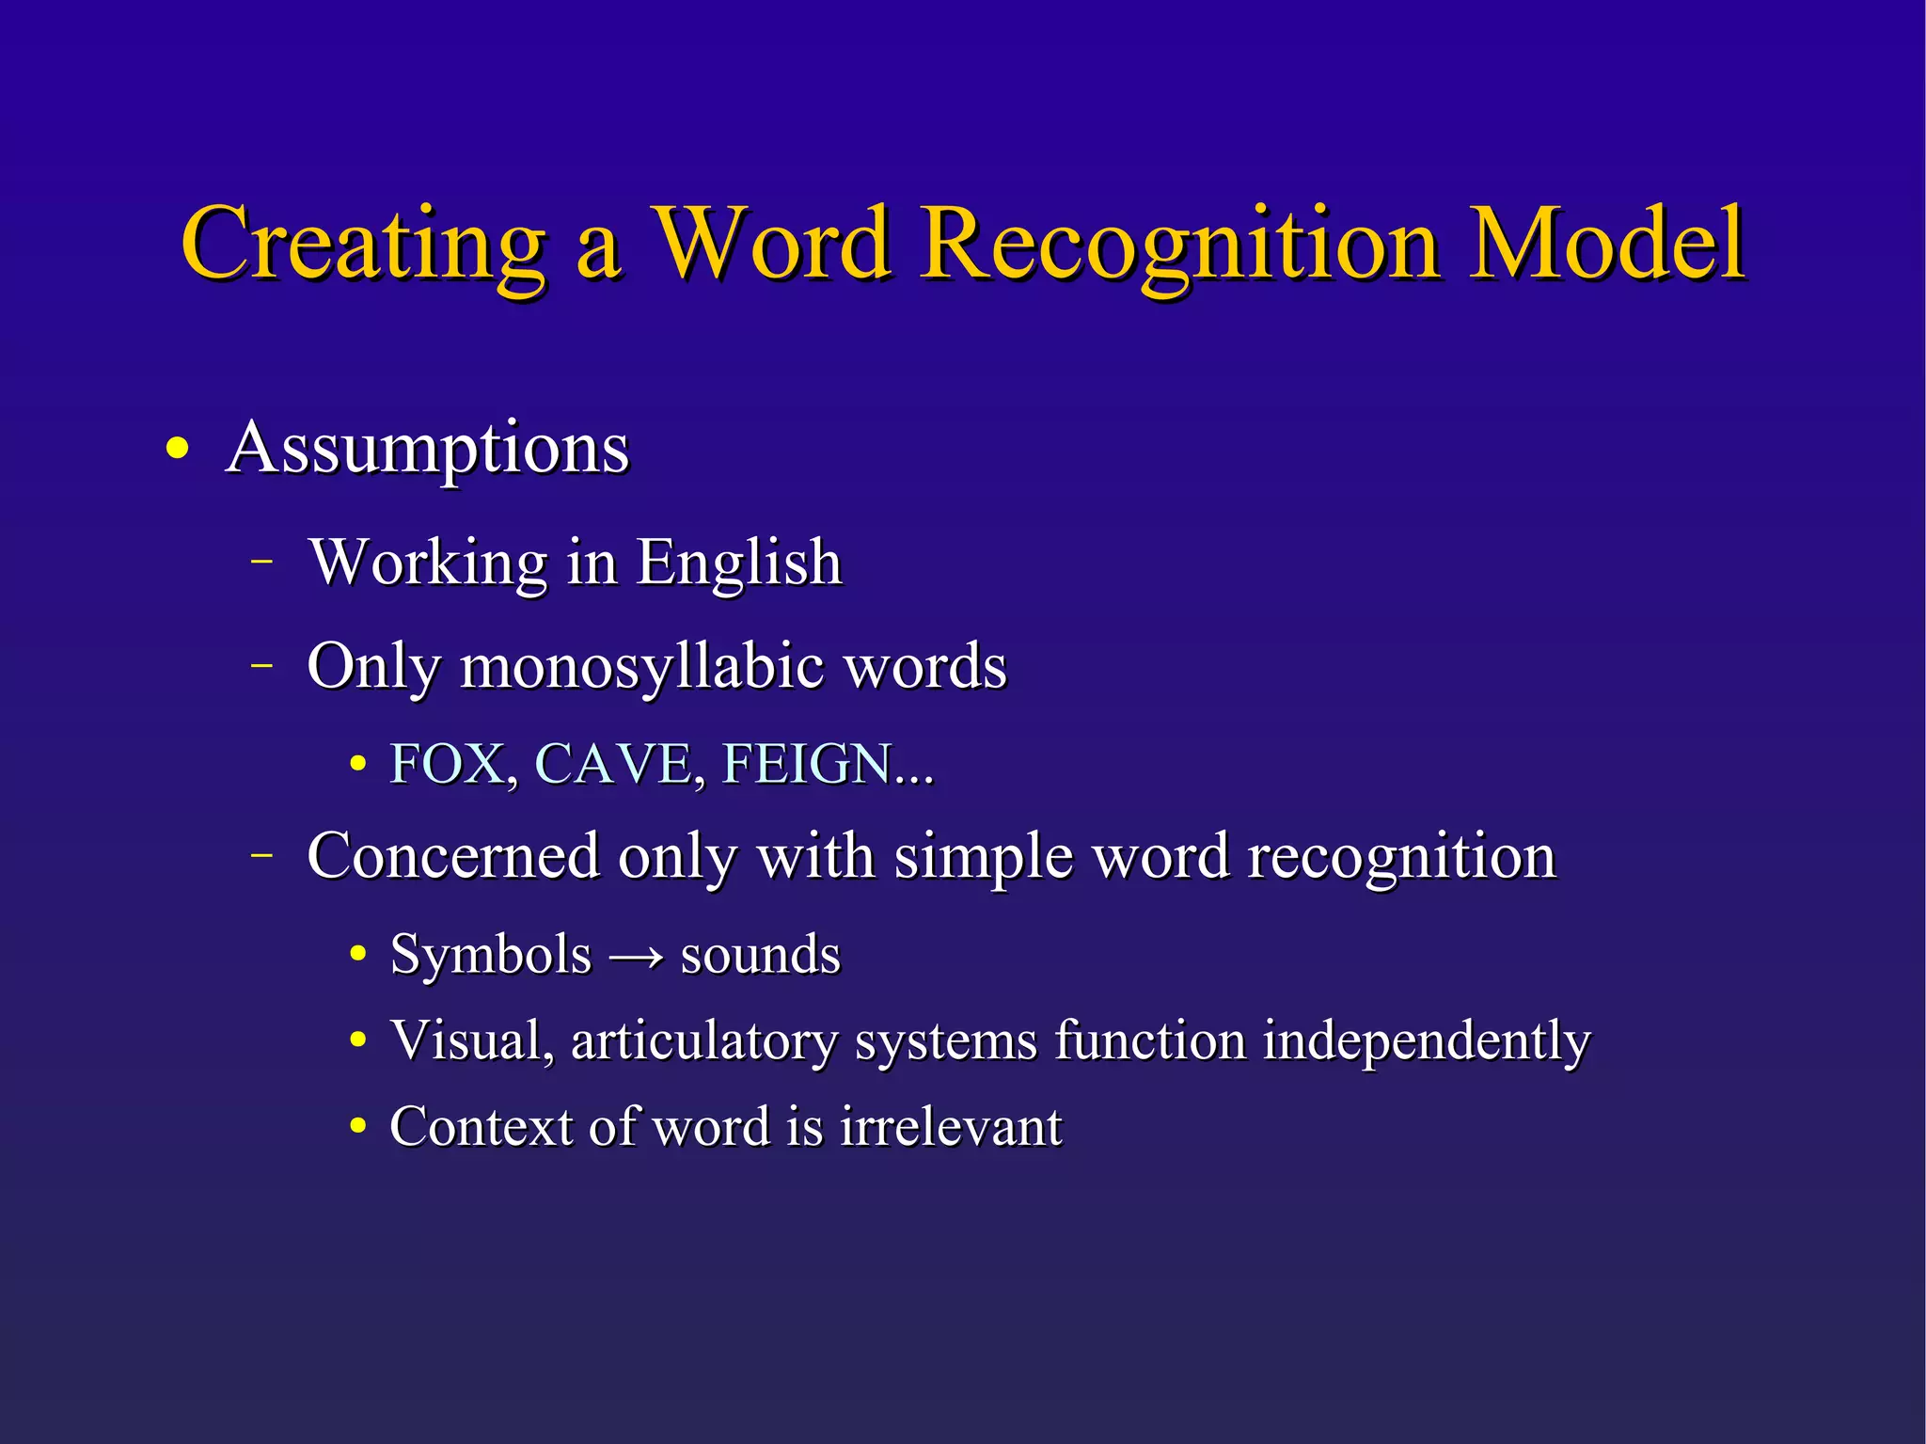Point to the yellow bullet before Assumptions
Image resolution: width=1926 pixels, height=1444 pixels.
point(177,449)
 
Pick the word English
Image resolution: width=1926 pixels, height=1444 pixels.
point(739,563)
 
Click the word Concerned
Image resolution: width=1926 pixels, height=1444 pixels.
point(453,857)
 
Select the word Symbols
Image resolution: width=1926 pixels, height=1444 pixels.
point(491,955)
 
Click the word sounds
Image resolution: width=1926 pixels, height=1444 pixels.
point(760,955)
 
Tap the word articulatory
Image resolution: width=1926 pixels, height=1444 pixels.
point(703,1041)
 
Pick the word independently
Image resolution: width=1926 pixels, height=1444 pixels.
point(1426,1041)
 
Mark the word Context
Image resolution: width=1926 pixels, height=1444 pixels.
point(481,1126)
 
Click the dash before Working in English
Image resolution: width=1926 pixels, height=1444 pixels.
point(262,562)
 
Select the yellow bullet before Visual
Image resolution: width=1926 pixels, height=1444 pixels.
point(357,1041)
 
